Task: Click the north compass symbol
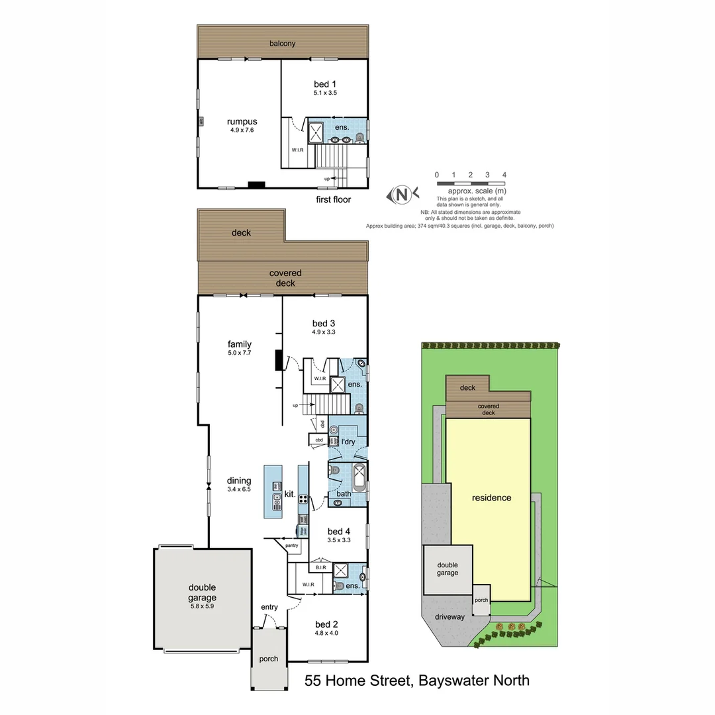click(x=401, y=194)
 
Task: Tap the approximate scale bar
click(x=471, y=182)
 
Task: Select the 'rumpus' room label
click(x=241, y=121)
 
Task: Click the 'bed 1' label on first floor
click(x=325, y=84)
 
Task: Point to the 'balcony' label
click(x=282, y=44)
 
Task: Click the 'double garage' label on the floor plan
click(x=202, y=592)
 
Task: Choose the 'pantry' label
click(x=292, y=546)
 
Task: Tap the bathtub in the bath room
click(x=358, y=479)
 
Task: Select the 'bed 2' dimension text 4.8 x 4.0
click(x=326, y=633)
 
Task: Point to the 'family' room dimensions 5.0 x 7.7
click(x=239, y=354)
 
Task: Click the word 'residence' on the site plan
click(x=491, y=497)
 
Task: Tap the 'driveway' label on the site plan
click(x=450, y=617)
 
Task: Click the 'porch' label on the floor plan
click(x=268, y=659)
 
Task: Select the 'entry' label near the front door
click(x=269, y=607)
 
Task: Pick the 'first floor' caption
click(x=333, y=199)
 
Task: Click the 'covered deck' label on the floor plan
click(x=285, y=278)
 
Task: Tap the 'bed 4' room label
click(x=338, y=531)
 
